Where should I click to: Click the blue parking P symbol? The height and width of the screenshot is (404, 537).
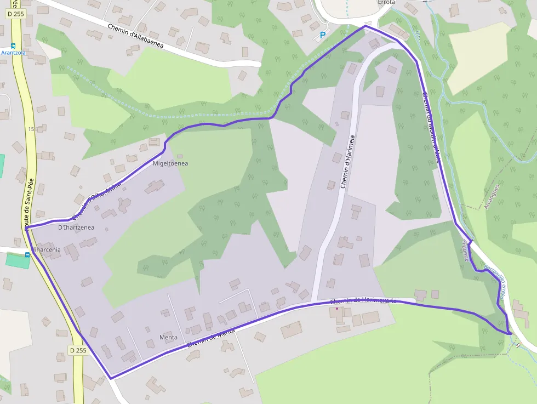[x=322, y=35]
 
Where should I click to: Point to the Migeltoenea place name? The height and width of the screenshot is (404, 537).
[x=170, y=163]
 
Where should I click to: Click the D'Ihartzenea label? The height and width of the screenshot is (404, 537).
[x=76, y=227]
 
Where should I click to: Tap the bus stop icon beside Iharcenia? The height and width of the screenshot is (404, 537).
[x=27, y=254]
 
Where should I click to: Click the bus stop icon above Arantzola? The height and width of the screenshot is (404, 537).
[x=13, y=46]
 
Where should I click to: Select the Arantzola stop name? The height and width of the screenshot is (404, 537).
[x=14, y=53]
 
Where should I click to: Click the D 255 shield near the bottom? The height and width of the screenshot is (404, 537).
[x=78, y=350]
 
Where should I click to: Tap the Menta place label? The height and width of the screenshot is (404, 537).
[x=168, y=337]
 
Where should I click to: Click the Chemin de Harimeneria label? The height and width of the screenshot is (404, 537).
[x=363, y=301]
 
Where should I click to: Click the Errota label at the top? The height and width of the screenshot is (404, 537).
[x=386, y=2]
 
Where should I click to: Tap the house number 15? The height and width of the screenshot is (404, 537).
[x=31, y=129]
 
